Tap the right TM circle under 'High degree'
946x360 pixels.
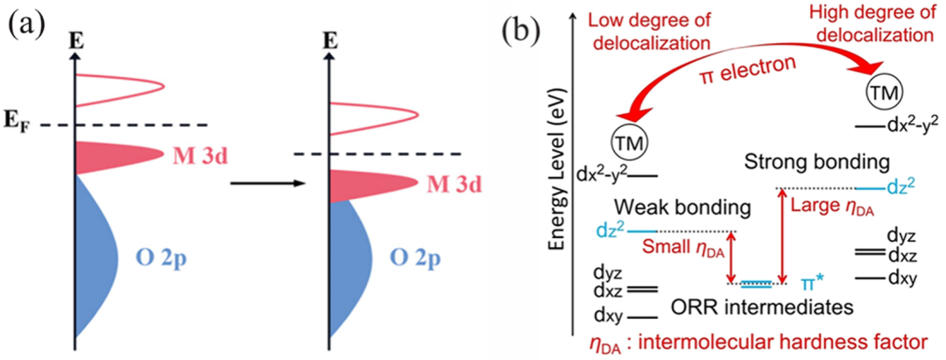tap(883, 90)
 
